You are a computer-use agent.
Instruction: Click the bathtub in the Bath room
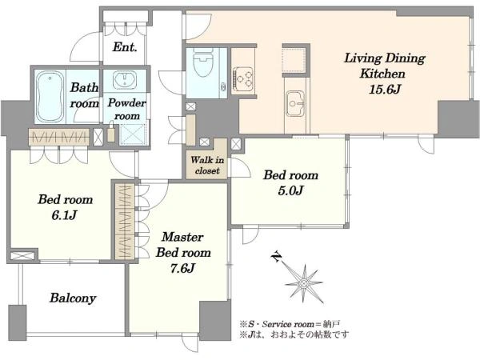pyautogui.click(x=50, y=97)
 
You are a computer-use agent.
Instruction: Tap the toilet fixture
pyautogui.click(x=203, y=62)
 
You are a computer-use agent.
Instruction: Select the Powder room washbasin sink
pyautogui.click(x=125, y=80)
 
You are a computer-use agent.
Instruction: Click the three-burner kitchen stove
pyautogui.click(x=243, y=77)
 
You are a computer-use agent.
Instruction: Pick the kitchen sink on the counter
pyautogui.click(x=295, y=103)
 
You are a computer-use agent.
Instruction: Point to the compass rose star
pyautogui.click(x=304, y=284)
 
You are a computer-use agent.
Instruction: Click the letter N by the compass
pyautogui.click(x=277, y=257)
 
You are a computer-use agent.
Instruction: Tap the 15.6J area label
pyautogui.click(x=385, y=90)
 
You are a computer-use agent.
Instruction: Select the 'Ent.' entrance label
pyautogui.click(x=125, y=47)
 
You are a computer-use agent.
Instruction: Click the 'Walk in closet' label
pyautogui.click(x=207, y=166)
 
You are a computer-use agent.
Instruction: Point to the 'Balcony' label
pyautogui.click(x=73, y=298)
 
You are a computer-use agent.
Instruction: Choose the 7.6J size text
pyautogui.click(x=182, y=269)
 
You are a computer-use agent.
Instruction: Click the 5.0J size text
pyautogui.click(x=290, y=191)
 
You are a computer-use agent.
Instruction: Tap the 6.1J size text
pyautogui.click(x=64, y=215)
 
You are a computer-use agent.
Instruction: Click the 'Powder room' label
pyautogui.click(x=126, y=110)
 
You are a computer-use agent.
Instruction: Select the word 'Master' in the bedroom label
pyautogui.click(x=182, y=237)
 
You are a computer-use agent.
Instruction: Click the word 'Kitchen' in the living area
pyautogui.click(x=382, y=74)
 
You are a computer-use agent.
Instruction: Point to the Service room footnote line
pyautogui.click(x=290, y=324)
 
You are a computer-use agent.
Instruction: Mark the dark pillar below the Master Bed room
pyautogui.click(x=215, y=320)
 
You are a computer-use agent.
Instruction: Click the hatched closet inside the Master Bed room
pyautogui.click(x=125, y=222)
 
